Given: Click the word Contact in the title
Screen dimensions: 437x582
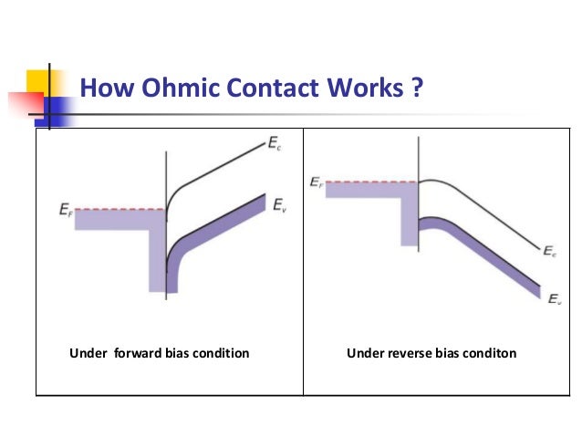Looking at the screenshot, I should pyautogui.click(x=259, y=89).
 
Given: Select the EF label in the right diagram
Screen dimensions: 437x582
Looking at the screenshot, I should pyautogui.click(x=316, y=182).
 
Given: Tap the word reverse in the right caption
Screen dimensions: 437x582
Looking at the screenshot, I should pyautogui.click(x=407, y=353).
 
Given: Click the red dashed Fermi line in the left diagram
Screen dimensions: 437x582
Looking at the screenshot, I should pyautogui.click(x=120, y=210).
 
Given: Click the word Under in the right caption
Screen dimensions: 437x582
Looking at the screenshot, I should pyautogui.click(x=363, y=353).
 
